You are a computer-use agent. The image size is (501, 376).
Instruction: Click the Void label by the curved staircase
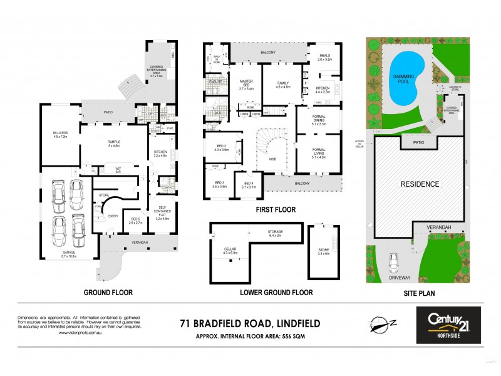click(x=272, y=159)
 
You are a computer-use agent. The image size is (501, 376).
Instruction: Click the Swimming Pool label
click(x=404, y=78)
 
